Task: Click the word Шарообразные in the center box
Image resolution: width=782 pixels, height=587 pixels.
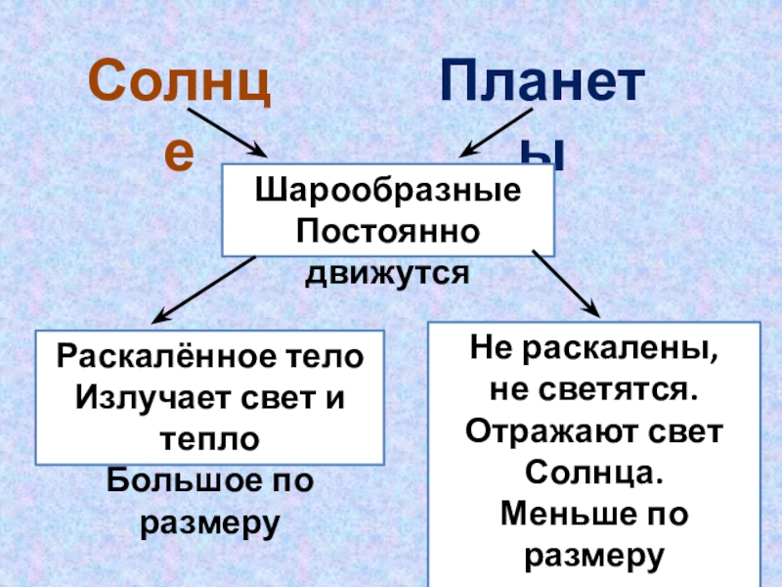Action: (x=387, y=193)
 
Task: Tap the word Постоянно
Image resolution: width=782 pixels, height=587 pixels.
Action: (x=387, y=233)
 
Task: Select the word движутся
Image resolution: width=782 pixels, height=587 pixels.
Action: (x=387, y=273)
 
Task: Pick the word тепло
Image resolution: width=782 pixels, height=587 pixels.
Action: (x=210, y=439)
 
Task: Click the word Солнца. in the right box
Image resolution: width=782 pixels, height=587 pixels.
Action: (x=594, y=473)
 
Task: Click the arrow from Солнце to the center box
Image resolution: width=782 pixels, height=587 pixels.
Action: (x=227, y=132)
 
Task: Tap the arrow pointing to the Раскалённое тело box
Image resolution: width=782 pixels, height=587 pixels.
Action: (x=204, y=290)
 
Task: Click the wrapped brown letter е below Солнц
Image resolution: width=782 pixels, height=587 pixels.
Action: (x=179, y=154)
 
